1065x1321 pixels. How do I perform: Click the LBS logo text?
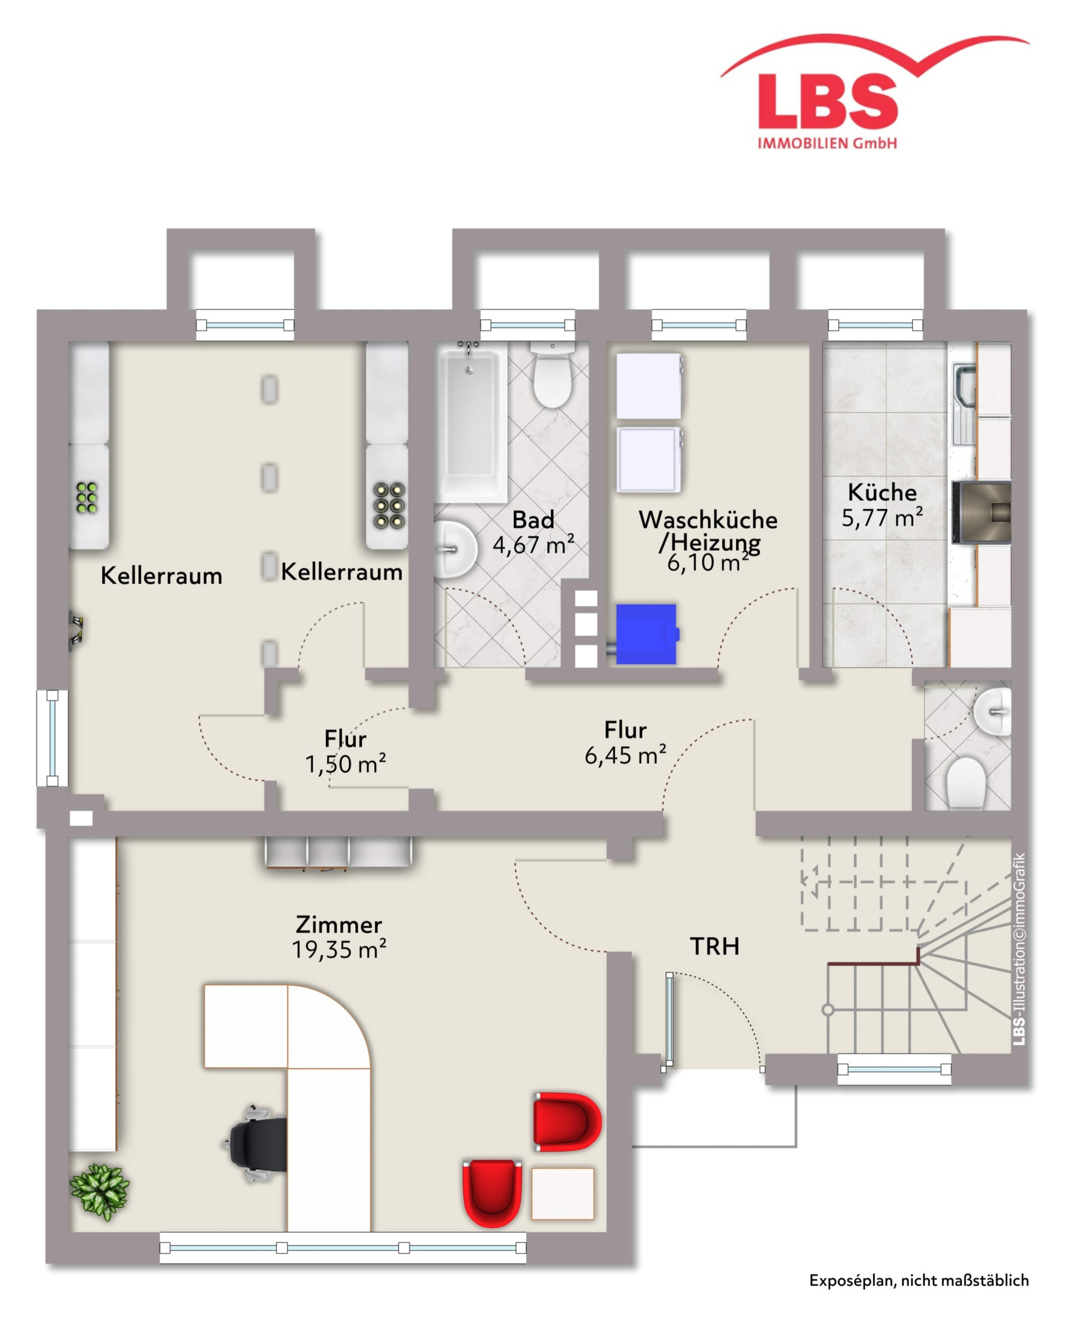click(x=828, y=101)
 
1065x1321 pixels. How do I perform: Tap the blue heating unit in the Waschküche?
click(x=647, y=634)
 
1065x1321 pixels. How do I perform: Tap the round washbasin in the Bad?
click(x=454, y=549)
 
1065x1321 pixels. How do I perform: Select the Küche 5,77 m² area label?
click(x=882, y=505)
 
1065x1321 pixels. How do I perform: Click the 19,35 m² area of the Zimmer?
click(x=339, y=950)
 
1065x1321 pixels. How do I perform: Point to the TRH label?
click(x=715, y=946)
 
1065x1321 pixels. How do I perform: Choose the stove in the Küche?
click(x=981, y=512)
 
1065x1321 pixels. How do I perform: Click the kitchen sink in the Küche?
click(x=964, y=404)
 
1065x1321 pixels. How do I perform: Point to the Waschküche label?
click(x=708, y=520)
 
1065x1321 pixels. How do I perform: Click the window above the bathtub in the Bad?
click(x=528, y=325)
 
